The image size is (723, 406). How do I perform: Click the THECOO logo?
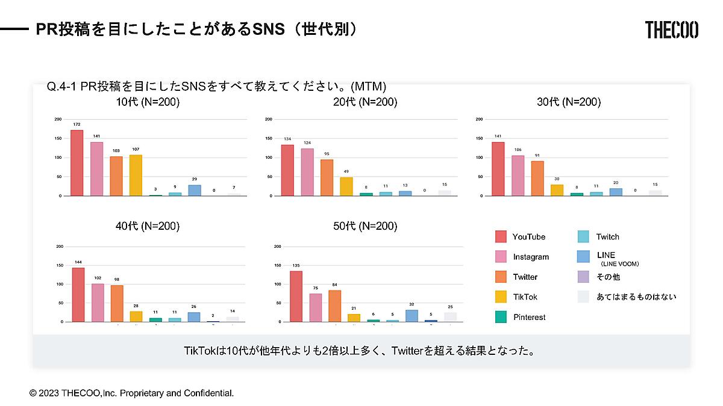coord(671,29)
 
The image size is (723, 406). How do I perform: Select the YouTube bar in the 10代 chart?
coord(77,162)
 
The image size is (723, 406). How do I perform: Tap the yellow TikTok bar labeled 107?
coord(136,175)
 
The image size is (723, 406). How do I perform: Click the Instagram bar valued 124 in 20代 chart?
coord(307,172)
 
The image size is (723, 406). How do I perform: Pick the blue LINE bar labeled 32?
coord(412,315)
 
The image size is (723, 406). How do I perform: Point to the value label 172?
coord(77,125)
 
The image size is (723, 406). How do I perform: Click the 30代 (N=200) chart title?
coord(569,102)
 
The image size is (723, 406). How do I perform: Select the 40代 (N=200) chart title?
coord(148,226)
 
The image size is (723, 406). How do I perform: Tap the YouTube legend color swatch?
coord(501,236)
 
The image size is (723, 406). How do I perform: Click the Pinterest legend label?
coord(530,317)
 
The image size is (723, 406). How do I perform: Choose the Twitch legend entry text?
coord(607,237)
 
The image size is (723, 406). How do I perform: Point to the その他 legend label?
coord(608,277)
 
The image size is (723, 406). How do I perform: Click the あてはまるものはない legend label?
coord(636,297)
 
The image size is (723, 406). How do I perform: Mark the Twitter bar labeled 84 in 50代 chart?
coord(335,306)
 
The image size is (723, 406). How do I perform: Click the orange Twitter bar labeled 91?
coord(537,178)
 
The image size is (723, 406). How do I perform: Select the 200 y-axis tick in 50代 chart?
coord(277,246)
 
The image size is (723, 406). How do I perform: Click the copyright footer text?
coord(131,393)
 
